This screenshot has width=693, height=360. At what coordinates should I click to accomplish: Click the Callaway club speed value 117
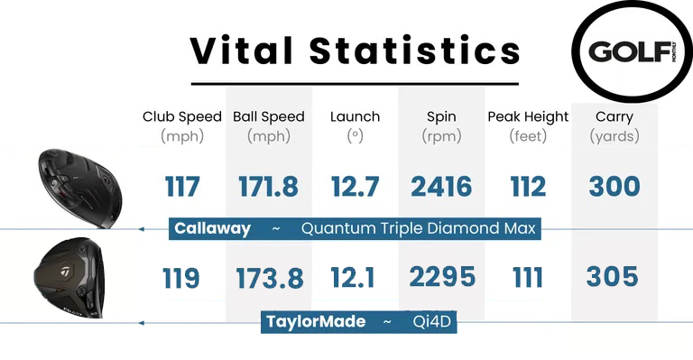(182, 187)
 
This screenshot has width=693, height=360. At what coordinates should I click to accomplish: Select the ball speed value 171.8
(268, 187)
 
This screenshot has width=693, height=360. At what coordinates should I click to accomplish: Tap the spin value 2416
(441, 187)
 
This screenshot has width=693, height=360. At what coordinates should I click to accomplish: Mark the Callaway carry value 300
(614, 187)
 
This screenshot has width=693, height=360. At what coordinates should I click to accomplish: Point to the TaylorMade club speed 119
(182, 278)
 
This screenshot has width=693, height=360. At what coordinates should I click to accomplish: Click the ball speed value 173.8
(270, 278)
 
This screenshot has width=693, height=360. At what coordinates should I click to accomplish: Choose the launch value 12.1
(355, 278)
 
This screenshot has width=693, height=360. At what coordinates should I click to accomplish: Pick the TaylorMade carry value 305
(614, 276)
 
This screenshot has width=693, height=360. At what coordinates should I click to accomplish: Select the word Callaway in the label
(212, 229)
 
